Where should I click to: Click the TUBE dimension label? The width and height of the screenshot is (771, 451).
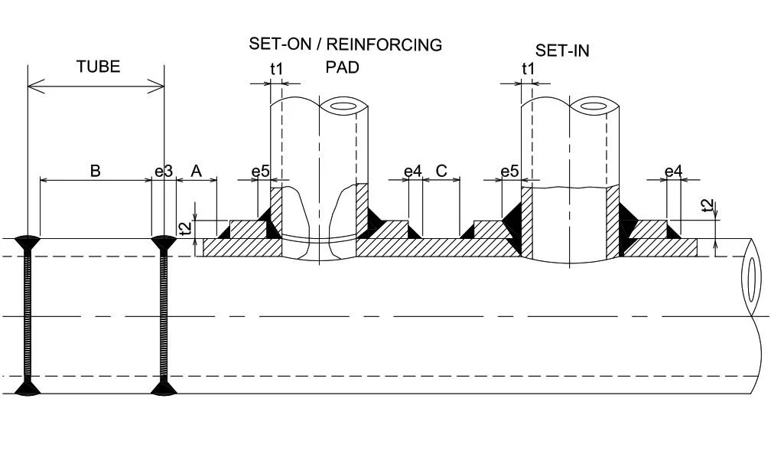click(x=98, y=67)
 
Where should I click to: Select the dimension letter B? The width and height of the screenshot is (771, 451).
click(x=96, y=170)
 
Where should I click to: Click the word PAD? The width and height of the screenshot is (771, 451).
click(x=342, y=67)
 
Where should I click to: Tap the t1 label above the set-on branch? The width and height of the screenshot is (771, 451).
click(x=276, y=69)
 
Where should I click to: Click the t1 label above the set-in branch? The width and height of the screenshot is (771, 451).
click(x=529, y=69)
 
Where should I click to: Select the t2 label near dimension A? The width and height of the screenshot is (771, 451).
click(x=184, y=228)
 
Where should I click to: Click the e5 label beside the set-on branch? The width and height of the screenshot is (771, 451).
click(x=261, y=171)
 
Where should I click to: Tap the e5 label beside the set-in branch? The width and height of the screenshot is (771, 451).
click(x=510, y=171)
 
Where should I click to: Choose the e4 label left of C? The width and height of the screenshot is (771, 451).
click(x=412, y=171)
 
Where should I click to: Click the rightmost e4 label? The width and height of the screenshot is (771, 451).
click(x=673, y=171)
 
